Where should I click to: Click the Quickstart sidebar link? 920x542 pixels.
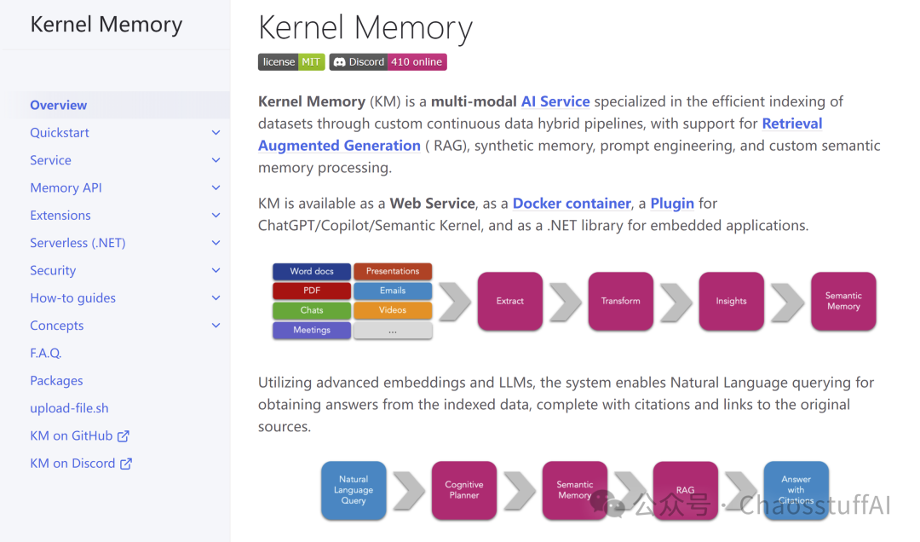pyautogui.click(x=60, y=133)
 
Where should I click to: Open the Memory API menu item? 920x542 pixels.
pyautogui.click(x=66, y=187)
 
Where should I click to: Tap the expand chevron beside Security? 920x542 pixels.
pyautogui.click(x=216, y=271)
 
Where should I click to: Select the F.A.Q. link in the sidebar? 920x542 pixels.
pyautogui.click(x=46, y=353)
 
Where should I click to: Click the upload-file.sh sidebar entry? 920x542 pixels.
pyautogui.click(x=69, y=408)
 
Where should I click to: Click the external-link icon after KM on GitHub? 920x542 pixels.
pyautogui.click(x=124, y=435)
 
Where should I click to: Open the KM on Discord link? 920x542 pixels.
pyautogui.click(x=81, y=464)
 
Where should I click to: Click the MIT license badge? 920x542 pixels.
pyautogui.click(x=291, y=61)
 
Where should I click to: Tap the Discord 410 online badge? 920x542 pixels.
pyautogui.click(x=388, y=61)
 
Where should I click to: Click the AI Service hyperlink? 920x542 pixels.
pyautogui.click(x=555, y=101)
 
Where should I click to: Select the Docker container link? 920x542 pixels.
pyautogui.click(x=572, y=203)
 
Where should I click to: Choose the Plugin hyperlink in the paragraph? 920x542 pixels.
pyautogui.click(x=672, y=203)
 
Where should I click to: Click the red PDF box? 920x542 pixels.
pyautogui.click(x=312, y=291)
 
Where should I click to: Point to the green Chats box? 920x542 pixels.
pyautogui.click(x=312, y=310)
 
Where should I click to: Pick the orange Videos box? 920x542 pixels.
pyautogui.click(x=393, y=310)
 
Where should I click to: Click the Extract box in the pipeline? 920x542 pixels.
pyautogui.click(x=510, y=301)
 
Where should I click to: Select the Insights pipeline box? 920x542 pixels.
pyautogui.click(x=731, y=301)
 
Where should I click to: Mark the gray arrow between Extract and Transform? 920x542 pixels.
pyautogui.click(x=566, y=302)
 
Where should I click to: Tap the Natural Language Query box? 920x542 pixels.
pyautogui.click(x=354, y=490)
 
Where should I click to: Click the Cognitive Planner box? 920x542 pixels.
pyautogui.click(x=464, y=490)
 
